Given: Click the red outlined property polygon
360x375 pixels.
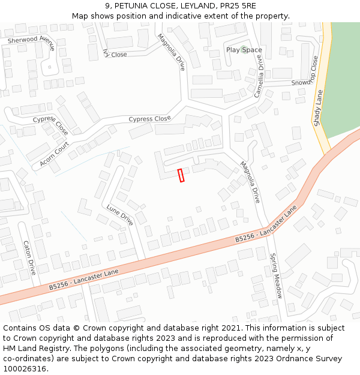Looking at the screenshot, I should click(x=181, y=175).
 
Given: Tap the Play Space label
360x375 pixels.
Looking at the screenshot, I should click(x=244, y=50).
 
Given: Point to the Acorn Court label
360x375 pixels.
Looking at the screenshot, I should click(x=55, y=154).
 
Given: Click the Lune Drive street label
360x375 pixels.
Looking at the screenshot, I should click(x=119, y=215).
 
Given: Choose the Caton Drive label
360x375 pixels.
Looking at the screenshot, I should click(x=28, y=257).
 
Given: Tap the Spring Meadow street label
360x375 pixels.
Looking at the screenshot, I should click(x=275, y=275).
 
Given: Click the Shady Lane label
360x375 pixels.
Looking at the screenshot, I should click(x=318, y=107).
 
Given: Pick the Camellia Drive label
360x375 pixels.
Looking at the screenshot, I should click(x=259, y=76).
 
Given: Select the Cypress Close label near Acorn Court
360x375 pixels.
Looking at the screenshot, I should click(x=50, y=125).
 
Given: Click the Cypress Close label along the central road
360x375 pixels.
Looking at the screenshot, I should click(x=149, y=119).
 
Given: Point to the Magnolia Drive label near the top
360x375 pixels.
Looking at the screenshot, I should click(x=170, y=52).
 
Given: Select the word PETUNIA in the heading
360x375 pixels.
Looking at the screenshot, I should click(x=131, y=6).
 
